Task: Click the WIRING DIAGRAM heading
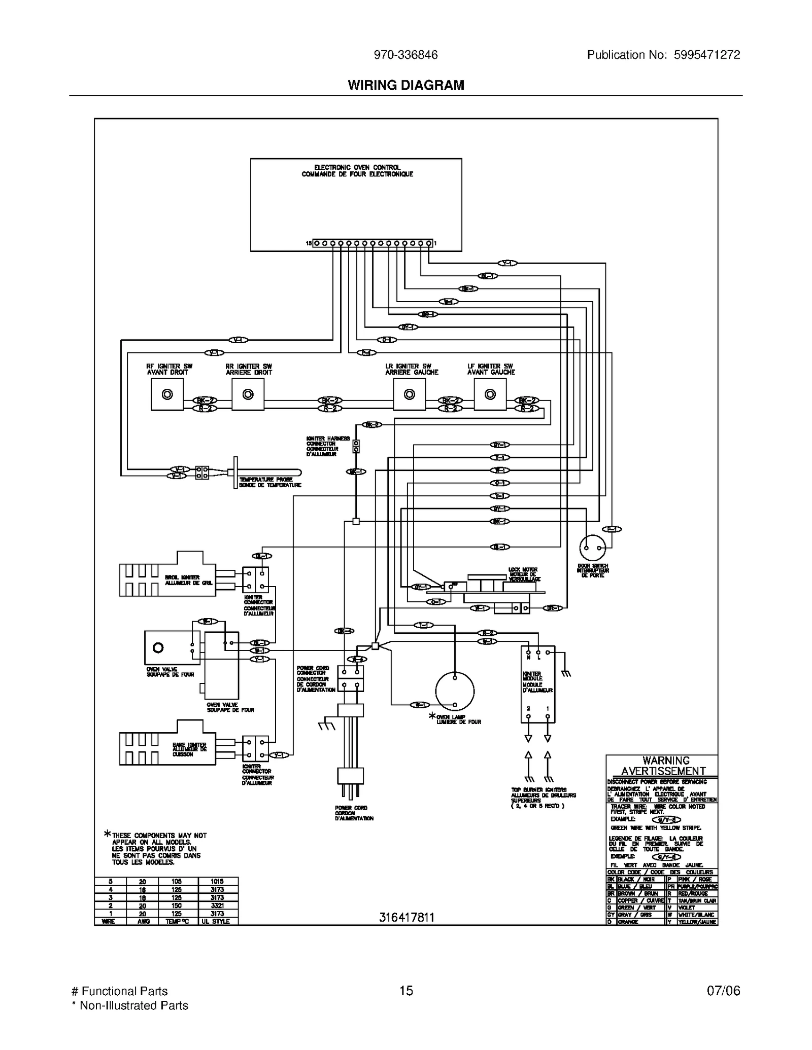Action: click(405, 85)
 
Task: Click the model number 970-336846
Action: click(405, 55)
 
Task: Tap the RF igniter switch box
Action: click(167, 394)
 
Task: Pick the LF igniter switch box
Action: click(490, 394)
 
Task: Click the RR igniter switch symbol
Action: click(248, 394)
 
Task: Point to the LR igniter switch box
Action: click(409, 394)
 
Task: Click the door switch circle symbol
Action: click(592, 548)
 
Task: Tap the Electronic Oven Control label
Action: click(357, 170)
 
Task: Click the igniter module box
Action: click(537, 684)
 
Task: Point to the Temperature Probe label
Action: click(270, 482)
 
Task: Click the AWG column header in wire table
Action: click(143, 921)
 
